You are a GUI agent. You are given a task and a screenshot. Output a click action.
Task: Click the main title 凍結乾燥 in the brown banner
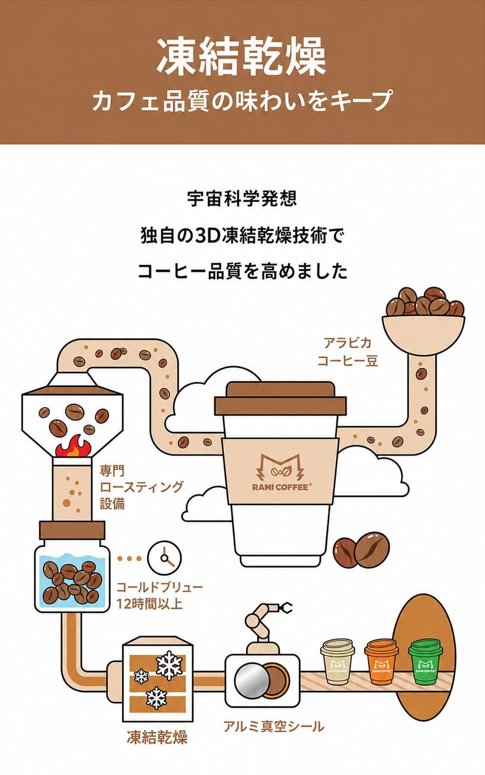pyautogui.click(x=241, y=57)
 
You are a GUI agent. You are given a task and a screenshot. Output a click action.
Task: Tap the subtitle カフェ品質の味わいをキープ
pyautogui.click(x=242, y=100)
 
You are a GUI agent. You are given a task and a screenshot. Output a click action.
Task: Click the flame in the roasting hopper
pyautogui.click(x=73, y=446)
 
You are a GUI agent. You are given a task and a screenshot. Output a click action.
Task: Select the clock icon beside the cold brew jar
pyautogui.click(x=164, y=558)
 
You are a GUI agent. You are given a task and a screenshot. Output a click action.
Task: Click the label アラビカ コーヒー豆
pyautogui.click(x=348, y=352)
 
